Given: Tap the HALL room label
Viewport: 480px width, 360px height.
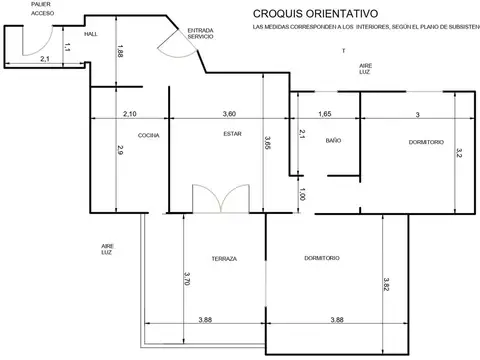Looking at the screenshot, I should click(x=90, y=34).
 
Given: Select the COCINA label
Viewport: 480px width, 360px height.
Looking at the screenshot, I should click(x=149, y=134).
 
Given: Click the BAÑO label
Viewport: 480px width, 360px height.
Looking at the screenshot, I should click(x=333, y=142).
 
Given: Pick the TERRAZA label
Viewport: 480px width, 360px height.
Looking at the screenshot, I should click(x=224, y=258).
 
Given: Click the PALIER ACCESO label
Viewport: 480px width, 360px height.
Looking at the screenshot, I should click(x=42, y=10).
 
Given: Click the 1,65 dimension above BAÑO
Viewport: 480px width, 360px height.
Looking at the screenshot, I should click(x=325, y=114).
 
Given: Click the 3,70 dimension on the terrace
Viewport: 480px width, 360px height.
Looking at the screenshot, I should click(x=187, y=281).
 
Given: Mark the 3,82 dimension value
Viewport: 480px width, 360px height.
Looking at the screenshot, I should click(x=388, y=285).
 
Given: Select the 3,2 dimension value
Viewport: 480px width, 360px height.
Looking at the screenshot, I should click(x=458, y=153).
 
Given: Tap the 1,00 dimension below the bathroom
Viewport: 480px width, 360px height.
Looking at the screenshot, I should click(x=303, y=196).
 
